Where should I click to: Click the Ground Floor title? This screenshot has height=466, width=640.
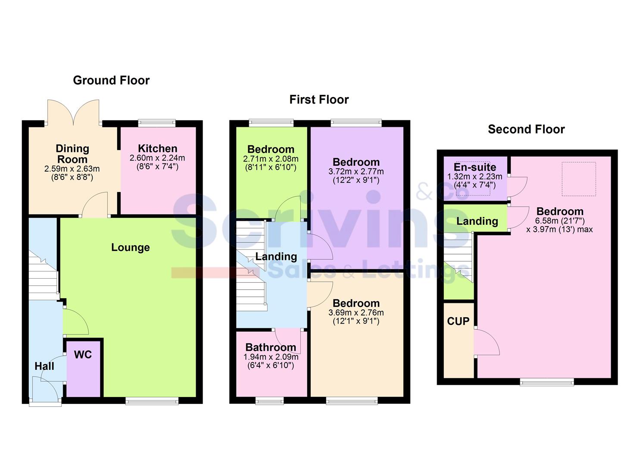tap(111, 80)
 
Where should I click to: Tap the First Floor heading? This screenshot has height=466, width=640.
tap(319, 100)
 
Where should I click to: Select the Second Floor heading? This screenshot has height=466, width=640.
tap(526, 129)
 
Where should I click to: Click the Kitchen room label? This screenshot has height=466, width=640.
tap(157, 148)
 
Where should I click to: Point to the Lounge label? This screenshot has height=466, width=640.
tap(131, 247)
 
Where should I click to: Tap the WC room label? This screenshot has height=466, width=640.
tap(83, 355)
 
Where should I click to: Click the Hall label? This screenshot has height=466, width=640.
tap(44, 366)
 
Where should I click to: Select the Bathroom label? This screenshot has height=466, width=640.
tap(271, 347)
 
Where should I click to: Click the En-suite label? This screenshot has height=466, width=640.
tap(475, 167)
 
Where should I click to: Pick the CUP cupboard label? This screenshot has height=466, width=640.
tap(458, 321)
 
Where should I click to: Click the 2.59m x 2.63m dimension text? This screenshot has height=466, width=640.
tap(72, 169)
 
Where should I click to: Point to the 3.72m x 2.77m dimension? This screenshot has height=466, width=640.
tap(356, 171)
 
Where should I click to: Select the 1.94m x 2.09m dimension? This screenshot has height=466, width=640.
tap(271, 357)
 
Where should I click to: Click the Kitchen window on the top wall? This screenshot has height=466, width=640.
tap(157, 123)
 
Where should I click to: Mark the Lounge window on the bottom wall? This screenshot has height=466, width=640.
tap(152, 401)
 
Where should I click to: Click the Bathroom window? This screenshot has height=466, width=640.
tap(270, 401)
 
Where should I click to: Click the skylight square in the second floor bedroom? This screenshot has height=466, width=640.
tap(579, 178)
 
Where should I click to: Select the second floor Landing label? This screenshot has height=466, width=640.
tap(477, 221)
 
